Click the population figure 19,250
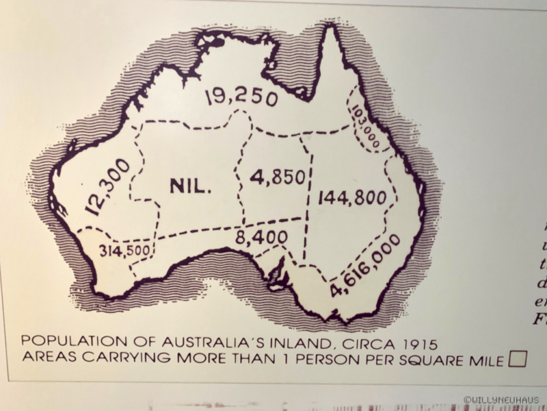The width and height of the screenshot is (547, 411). click(241, 97)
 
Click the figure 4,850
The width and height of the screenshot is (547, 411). click(277, 177)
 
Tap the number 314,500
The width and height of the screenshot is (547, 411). click(124, 250)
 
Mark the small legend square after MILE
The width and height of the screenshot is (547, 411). click(518, 360)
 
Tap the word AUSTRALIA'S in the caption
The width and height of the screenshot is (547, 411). click(195, 341)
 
